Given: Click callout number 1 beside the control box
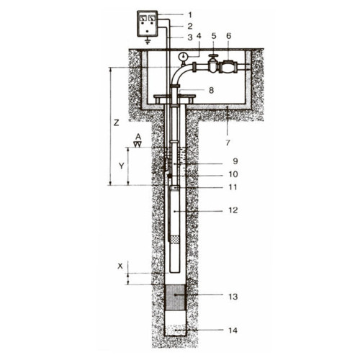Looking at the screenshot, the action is (x=190, y=15).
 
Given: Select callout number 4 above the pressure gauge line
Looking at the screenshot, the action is (x=199, y=36).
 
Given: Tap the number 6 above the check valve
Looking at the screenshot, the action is (x=228, y=36).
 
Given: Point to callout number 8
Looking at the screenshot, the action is (x=211, y=91).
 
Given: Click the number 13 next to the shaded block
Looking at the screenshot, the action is (x=233, y=297).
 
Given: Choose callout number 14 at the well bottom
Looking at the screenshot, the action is (x=233, y=330).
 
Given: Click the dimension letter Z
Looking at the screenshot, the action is (x=117, y=123).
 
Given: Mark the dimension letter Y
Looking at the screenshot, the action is (x=122, y=166).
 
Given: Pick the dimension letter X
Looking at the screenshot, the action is (x=120, y=266).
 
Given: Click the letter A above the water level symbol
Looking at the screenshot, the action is (x=138, y=137).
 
